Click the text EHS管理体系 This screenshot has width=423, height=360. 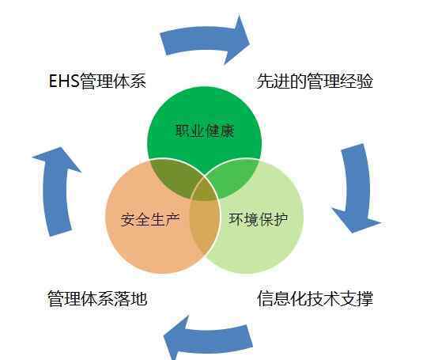click(97, 81)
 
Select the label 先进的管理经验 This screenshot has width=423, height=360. click(315, 81)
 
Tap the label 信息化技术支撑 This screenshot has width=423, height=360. click(315, 299)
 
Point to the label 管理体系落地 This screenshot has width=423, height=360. click(97, 299)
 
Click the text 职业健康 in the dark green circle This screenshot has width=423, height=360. click(205, 131)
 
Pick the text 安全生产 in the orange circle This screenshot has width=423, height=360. click(150, 219)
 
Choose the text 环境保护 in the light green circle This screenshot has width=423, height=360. click(259, 219)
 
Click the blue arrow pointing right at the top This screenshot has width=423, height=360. click(206, 39)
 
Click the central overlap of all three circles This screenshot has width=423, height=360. click(205, 190)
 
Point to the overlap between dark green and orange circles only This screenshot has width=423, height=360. click(176, 176)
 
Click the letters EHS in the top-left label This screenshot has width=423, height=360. click(64, 81)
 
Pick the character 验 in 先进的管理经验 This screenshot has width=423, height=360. click(365, 81)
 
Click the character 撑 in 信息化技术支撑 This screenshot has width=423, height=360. click(365, 299)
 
